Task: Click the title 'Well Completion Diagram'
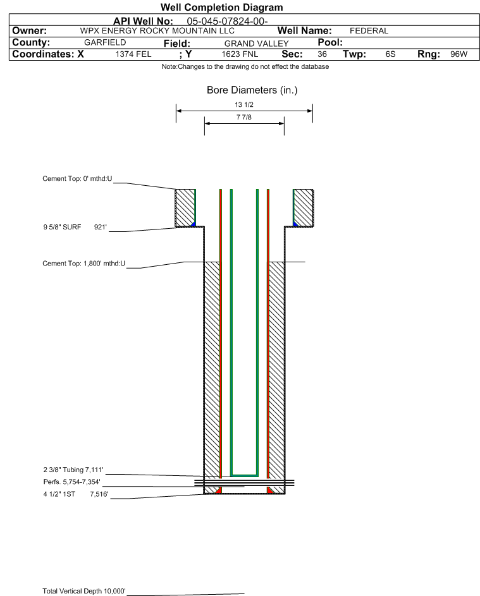tap(222, 7)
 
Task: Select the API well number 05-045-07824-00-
tap(227, 21)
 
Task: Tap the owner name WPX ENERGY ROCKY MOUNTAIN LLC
tap(157, 31)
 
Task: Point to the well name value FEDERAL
tap(369, 31)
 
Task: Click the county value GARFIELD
tap(105, 42)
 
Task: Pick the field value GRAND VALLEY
tap(256, 44)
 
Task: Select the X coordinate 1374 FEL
tap(133, 54)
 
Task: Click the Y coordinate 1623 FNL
tap(240, 54)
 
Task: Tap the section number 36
tap(322, 54)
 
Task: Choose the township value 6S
tap(390, 54)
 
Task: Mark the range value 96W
tap(458, 54)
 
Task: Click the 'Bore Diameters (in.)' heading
tap(252, 90)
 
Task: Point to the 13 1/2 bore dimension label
tap(244, 104)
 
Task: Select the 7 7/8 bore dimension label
tap(244, 117)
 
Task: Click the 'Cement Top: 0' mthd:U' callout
tap(77, 179)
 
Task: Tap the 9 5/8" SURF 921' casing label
tap(75, 228)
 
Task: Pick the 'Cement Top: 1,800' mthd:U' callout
tap(83, 264)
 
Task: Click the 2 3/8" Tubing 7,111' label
tap(73, 470)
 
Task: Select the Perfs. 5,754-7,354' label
tap(72, 482)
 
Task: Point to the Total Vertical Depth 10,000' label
tap(84, 591)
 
